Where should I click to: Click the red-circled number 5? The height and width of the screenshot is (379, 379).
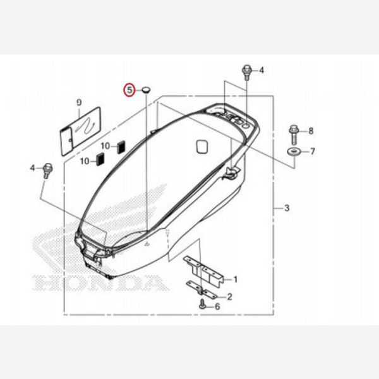(x=129, y=90)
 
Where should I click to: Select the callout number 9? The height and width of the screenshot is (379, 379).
(x=79, y=102)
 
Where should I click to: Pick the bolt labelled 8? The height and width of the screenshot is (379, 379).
(x=294, y=131)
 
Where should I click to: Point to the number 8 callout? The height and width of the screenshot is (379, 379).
(x=310, y=131)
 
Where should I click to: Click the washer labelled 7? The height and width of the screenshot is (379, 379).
(x=294, y=152)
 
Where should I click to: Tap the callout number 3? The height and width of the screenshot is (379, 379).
(x=286, y=208)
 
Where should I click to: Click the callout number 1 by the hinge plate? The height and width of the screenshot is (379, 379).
(x=235, y=279)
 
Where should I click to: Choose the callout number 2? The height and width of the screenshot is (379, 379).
(x=229, y=296)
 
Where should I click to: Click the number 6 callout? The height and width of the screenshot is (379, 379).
(x=217, y=306)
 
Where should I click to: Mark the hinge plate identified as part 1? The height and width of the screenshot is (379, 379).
(x=203, y=268)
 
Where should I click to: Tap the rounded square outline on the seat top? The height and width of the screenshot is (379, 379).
(x=202, y=146)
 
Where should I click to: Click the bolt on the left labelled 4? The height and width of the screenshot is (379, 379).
(x=47, y=169)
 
